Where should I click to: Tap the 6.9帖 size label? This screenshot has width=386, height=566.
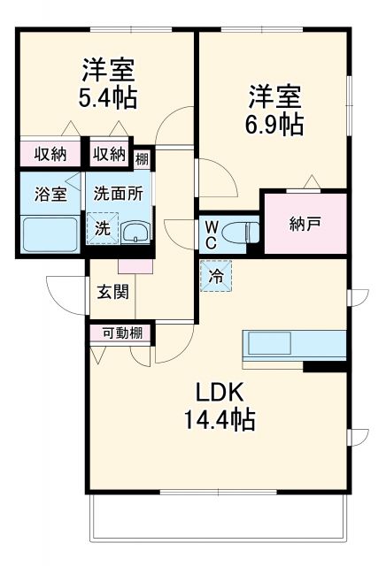click(274, 123)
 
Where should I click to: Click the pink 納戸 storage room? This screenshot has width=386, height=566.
click(304, 222)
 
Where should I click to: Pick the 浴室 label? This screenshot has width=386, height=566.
click(50, 195)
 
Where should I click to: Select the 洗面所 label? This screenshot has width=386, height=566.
click(118, 195)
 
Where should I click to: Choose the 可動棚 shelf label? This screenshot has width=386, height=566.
click(120, 333)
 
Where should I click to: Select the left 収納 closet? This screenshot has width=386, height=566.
click(50, 155)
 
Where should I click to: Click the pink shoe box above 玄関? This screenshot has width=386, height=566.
click(135, 264)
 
